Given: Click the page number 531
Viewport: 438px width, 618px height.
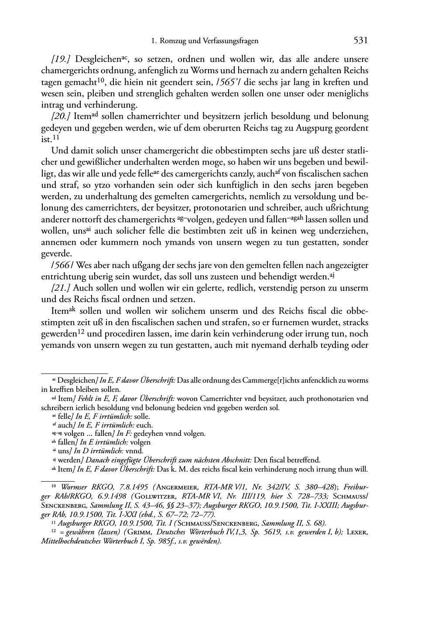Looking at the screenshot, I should click(360, 41).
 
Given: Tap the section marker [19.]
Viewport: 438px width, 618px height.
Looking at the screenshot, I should click(61, 59).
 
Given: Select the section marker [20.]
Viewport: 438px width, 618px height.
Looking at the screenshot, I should click(61, 117).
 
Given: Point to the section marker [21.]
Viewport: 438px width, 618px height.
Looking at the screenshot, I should click(61, 288).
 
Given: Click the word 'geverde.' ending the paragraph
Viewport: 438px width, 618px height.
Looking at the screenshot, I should click(56, 254).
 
